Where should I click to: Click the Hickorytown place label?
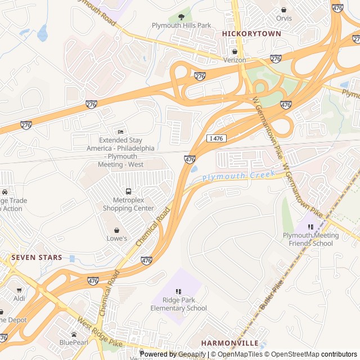tap(251, 34)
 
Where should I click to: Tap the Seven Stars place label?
tap(37, 258)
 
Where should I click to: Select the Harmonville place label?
tap(229, 343)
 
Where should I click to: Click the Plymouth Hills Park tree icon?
tap(181, 17)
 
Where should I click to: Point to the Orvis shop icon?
tap(284, 10)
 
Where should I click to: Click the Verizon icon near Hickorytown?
tap(235, 52)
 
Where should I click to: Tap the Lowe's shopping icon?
tap(116, 230)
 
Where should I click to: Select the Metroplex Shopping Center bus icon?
tap(129, 192)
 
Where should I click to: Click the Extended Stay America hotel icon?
tap(120, 132)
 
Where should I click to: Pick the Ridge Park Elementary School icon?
tap(178, 291)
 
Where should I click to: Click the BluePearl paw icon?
tap(74, 334)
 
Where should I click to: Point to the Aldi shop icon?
tap(19, 290)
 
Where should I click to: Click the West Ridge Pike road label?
tap(100, 332)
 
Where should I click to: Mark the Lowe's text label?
tap(116, 238)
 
